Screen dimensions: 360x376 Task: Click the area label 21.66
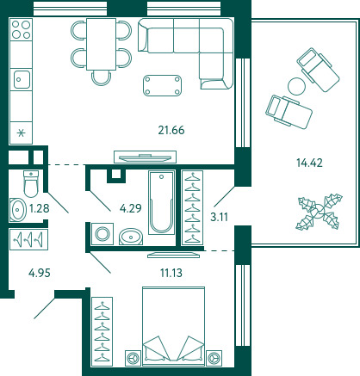pyautogui.click(x=171, y=130)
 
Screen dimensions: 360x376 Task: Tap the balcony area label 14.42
pyautogui.click(x=309, y=163)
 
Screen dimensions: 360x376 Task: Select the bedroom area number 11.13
pyautogui.click(x=171, y=273)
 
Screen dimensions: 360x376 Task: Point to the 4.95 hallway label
pyautogui.click(x=40, y=273)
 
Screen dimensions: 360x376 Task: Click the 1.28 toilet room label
pyautogui.click(x=40, y=208)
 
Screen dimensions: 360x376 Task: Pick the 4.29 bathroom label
pyautogui.click(x=131, y=208)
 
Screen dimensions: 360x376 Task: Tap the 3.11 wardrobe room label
pyautogui.click(x=219, y=217)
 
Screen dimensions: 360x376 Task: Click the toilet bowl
pyautogui.click(x=31, y=183)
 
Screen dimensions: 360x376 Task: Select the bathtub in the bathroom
pyautogui.click(x=162, y=202)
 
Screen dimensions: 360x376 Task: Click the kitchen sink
pyautogui.click(x=21, y=79)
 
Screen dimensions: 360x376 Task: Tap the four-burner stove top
pyautogui.click(x=21, y=29)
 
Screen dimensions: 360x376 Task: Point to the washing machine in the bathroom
pyautogui.click(x=102, y=234)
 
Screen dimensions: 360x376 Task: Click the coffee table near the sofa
pyautogui.click(x=162, y=85)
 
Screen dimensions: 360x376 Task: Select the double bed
pyautogui.click(x=173, y=326)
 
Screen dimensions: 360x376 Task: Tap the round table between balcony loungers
pyautogui.click(x=297, y=86)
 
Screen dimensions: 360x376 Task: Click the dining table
pyautogui.click(x=101, y=44)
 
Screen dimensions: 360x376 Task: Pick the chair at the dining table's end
pyautogui.click(x=102, y=78)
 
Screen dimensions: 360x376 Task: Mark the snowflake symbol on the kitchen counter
pyautogui.click(x=21, y=133)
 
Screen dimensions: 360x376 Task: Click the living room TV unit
pyautogui.click(x=145, y=157)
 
